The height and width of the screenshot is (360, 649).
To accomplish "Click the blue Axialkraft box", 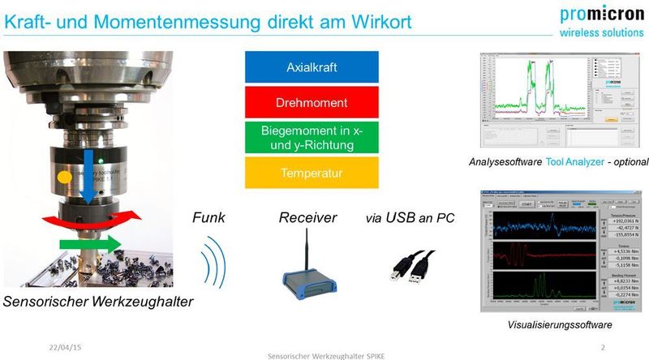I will [x=311, y=66].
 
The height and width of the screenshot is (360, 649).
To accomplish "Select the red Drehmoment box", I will [x=311, y=102].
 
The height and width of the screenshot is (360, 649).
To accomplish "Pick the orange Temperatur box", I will [x=311, y=173].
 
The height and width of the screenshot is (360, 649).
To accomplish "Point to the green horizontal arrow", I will [x=90, y=243].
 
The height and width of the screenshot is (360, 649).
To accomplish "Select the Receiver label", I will [x=307, y=218].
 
